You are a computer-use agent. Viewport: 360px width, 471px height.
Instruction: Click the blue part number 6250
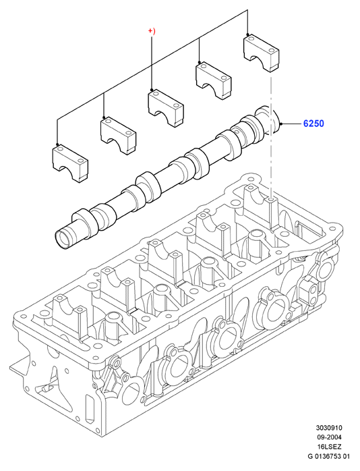point(313,123)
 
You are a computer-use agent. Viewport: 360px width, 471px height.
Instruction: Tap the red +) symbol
point(152,31)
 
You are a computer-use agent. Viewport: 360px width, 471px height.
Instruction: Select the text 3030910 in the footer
point(329,427)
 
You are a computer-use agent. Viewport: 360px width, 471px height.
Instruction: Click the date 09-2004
point(329,437)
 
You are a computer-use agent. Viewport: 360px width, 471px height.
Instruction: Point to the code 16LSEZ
point(329,447)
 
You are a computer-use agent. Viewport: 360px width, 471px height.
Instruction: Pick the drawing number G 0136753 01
point(329,457)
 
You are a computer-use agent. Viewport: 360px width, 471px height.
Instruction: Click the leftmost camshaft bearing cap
point(71,163)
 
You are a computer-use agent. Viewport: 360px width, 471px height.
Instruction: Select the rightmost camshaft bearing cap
point(262,53)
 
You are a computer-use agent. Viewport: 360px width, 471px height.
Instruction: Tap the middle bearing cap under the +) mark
point(166,108)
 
